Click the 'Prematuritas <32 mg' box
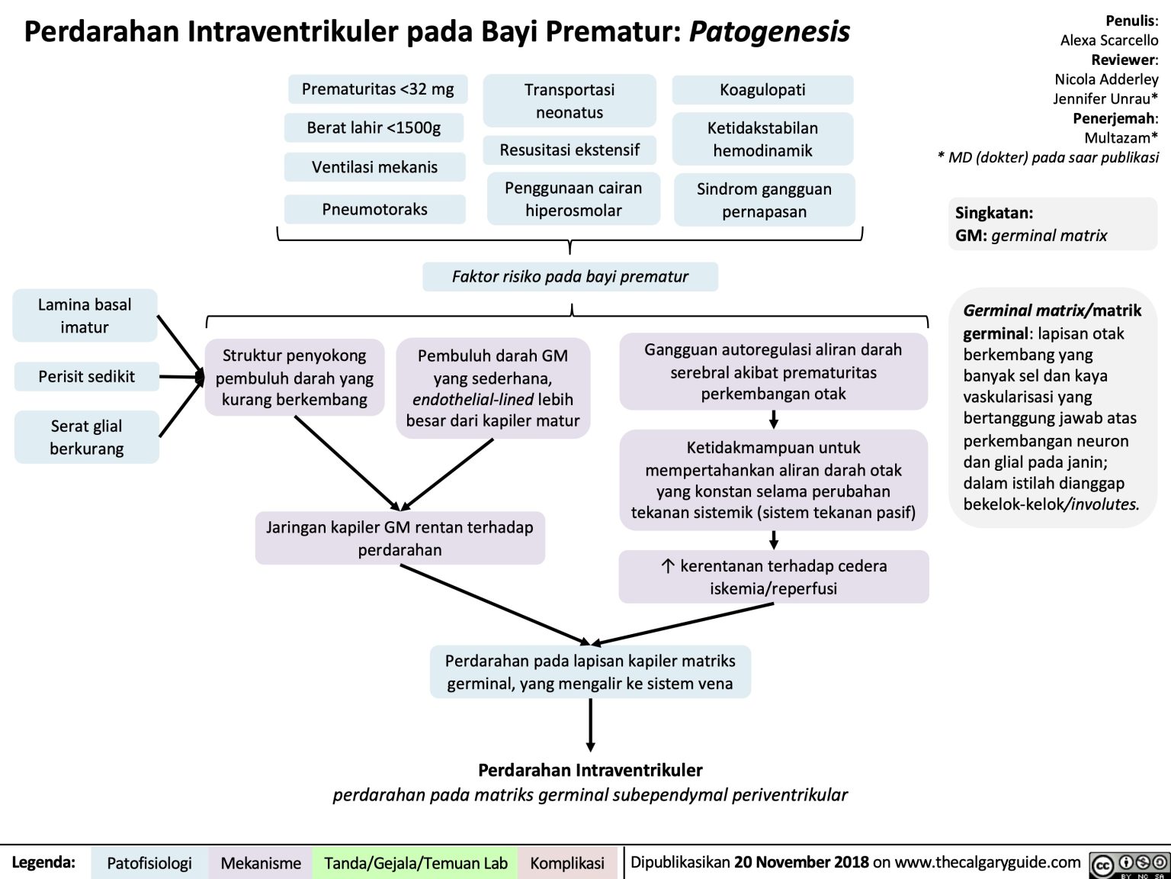click(377, 89)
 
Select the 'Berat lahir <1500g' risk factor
click(374, 127)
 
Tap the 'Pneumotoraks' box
click(374, 209)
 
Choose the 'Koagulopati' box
click(762, 89)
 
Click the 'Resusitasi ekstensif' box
click(569, 150)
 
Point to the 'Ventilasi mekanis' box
click(374, 167)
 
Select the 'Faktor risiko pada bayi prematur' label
click(570, 276)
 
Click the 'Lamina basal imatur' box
click(85, 315)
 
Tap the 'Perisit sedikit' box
click(86, 376)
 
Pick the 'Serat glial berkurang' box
click(86, 437)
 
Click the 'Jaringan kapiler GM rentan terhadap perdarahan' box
click(399, 538)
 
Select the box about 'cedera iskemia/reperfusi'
click(773, 577)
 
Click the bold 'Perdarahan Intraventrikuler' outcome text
click(590, 770)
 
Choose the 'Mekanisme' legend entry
click(261, 863)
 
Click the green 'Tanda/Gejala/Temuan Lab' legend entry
click(415, 863)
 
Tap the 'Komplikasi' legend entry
click(567, 863)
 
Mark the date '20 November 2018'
click(800, 862)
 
